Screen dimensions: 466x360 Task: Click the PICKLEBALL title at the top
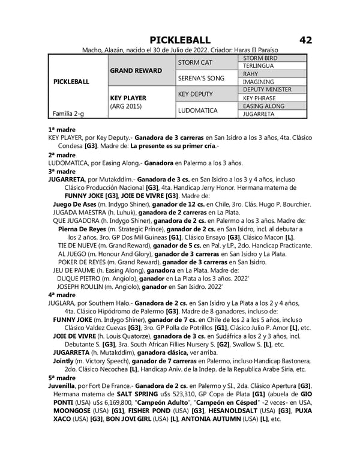[180, 40]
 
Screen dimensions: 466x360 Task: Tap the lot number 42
[305, 40]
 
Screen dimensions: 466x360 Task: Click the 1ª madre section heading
[61, 129]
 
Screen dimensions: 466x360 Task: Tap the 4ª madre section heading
[62, 295]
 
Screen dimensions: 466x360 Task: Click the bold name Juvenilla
[65, 385]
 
